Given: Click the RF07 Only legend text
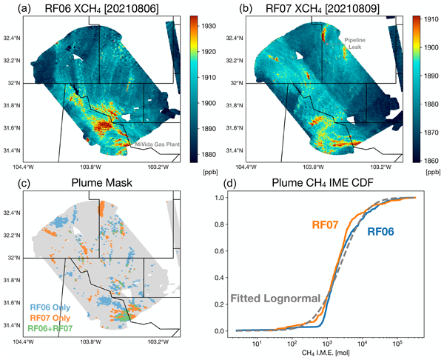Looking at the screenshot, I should coord(50,317).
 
